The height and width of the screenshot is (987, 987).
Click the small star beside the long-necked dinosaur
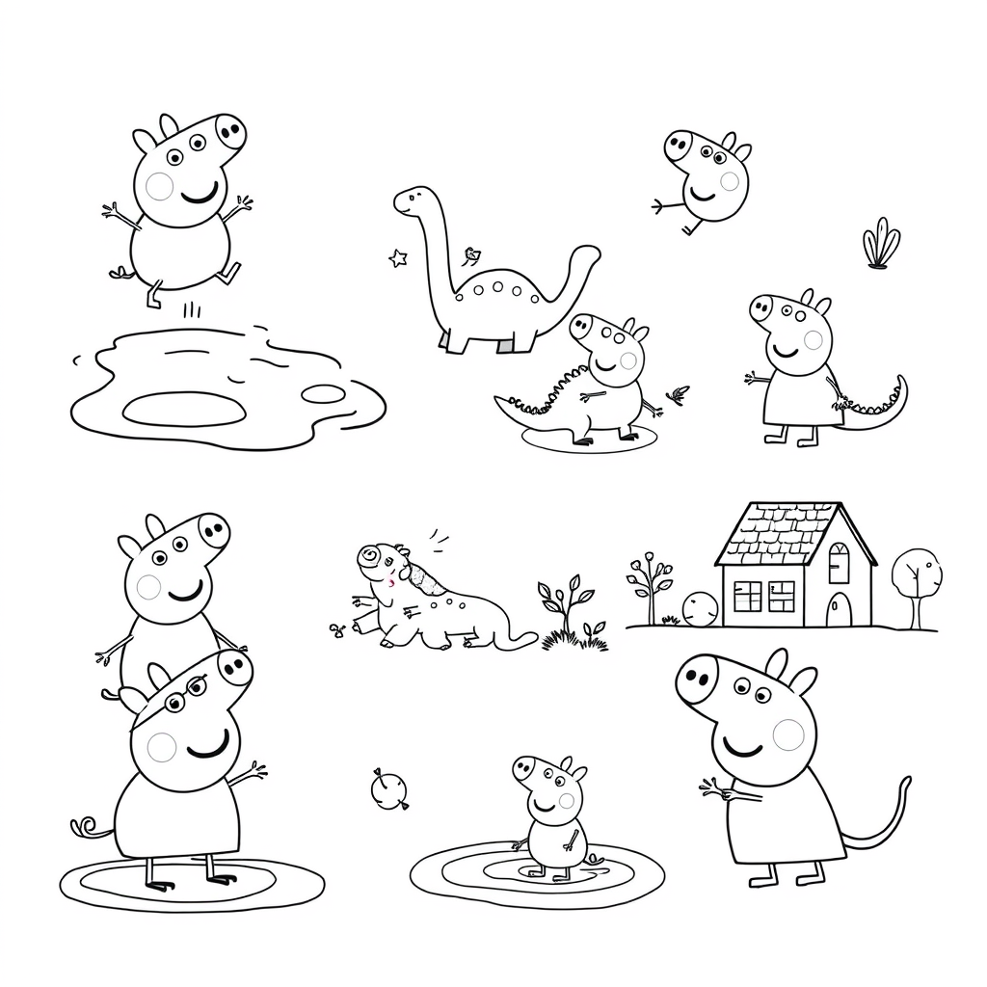pos(397,257)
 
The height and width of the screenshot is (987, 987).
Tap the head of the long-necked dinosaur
pos(411,201)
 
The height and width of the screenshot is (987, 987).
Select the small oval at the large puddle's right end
pos(324,393)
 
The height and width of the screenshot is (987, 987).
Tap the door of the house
pos(840,609)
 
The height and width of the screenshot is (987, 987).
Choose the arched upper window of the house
pos(839,562)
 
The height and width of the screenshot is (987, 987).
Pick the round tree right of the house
pos(916,574)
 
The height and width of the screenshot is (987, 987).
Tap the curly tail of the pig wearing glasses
pos(87,827)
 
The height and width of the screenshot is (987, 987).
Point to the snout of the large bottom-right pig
pos(698,680)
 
